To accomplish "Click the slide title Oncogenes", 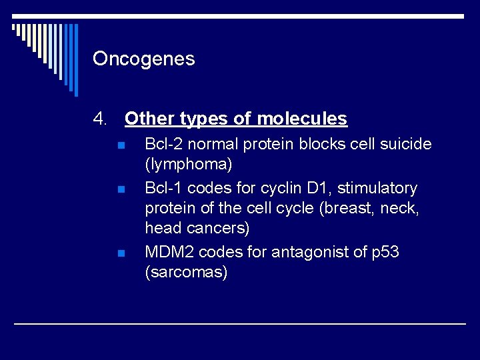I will [x=144, y=59].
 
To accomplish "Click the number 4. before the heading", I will [x=100, y=119].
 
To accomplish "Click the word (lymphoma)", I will [x=188, y=164].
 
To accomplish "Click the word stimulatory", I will [x=377, y=188].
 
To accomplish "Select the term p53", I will [x=385, y=252].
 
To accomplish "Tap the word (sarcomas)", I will [x=186, y=272].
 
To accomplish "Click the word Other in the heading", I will [x=147, y=119].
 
